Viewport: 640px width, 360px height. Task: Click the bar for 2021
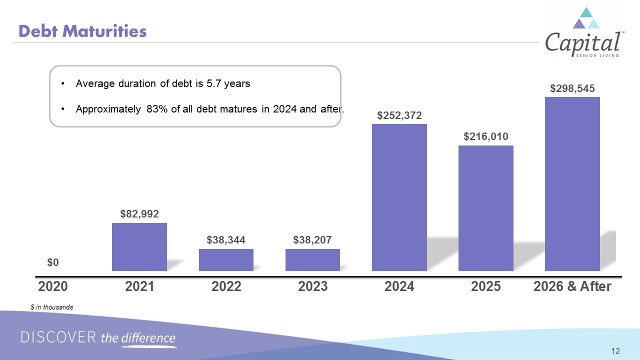tap(139, 247)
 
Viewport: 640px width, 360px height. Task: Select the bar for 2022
tap(226, 260)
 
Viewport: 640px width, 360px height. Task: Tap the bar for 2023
tap(312, 260)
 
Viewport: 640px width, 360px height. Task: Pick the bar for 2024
tap(399, 197)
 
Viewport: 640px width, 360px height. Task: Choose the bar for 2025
tap(485, 208)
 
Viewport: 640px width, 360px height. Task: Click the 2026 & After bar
tap(572, 184)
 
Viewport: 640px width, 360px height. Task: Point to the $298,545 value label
tap(572, 88)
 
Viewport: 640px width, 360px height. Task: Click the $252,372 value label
tap(399, 115)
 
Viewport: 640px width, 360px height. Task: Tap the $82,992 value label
tap(139, 214)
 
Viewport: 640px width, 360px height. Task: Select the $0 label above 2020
tap(53, 262)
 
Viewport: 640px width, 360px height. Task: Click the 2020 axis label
tap(53, 286)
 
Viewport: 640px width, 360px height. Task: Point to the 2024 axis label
tap(399, 286)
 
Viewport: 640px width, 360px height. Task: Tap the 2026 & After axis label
tap(572, 286)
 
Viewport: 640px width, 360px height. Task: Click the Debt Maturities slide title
tap(82, 31)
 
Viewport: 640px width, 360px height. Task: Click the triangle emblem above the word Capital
tap(586, 18)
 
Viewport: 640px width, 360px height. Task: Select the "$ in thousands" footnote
tap(51, 307)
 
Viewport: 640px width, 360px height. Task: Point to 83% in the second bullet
tap(157, 109)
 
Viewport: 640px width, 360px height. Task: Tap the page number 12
tap(615, 351)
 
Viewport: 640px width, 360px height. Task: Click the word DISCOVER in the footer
tap(58, 337)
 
